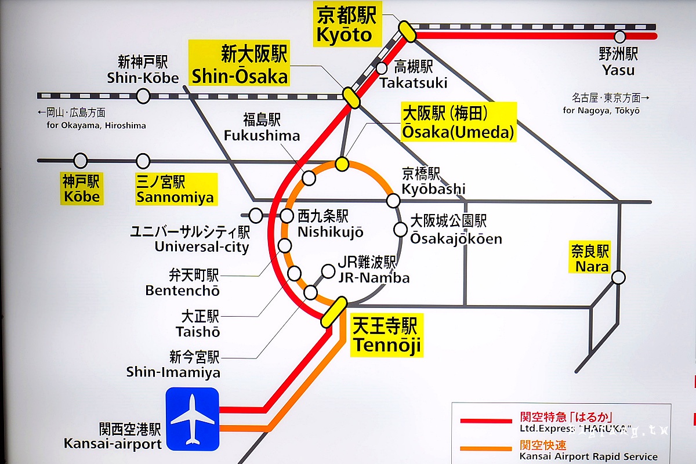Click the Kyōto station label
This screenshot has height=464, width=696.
click(x=346, y=25)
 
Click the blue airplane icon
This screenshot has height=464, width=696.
click(x=192, y=419)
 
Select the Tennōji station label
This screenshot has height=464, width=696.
click(x=386, y=335)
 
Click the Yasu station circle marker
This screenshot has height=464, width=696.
click(x=620, y=37)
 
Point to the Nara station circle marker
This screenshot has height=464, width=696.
click(x=618, y=278)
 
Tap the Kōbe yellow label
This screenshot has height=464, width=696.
click(x=81, y=190)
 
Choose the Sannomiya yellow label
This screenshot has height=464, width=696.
click(x=175, y=190)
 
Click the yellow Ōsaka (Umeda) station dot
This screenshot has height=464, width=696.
click(x=342, y=165)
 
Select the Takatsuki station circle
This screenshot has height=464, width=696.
click(x=382, y=68)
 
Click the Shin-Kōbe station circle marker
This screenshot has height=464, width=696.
click(x=143, y=96)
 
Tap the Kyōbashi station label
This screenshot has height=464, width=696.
click(x=433, y=182)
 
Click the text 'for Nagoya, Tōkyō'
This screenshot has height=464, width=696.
click(x=601, y=110)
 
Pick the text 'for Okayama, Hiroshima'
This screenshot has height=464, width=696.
click(x=96, y=125)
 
